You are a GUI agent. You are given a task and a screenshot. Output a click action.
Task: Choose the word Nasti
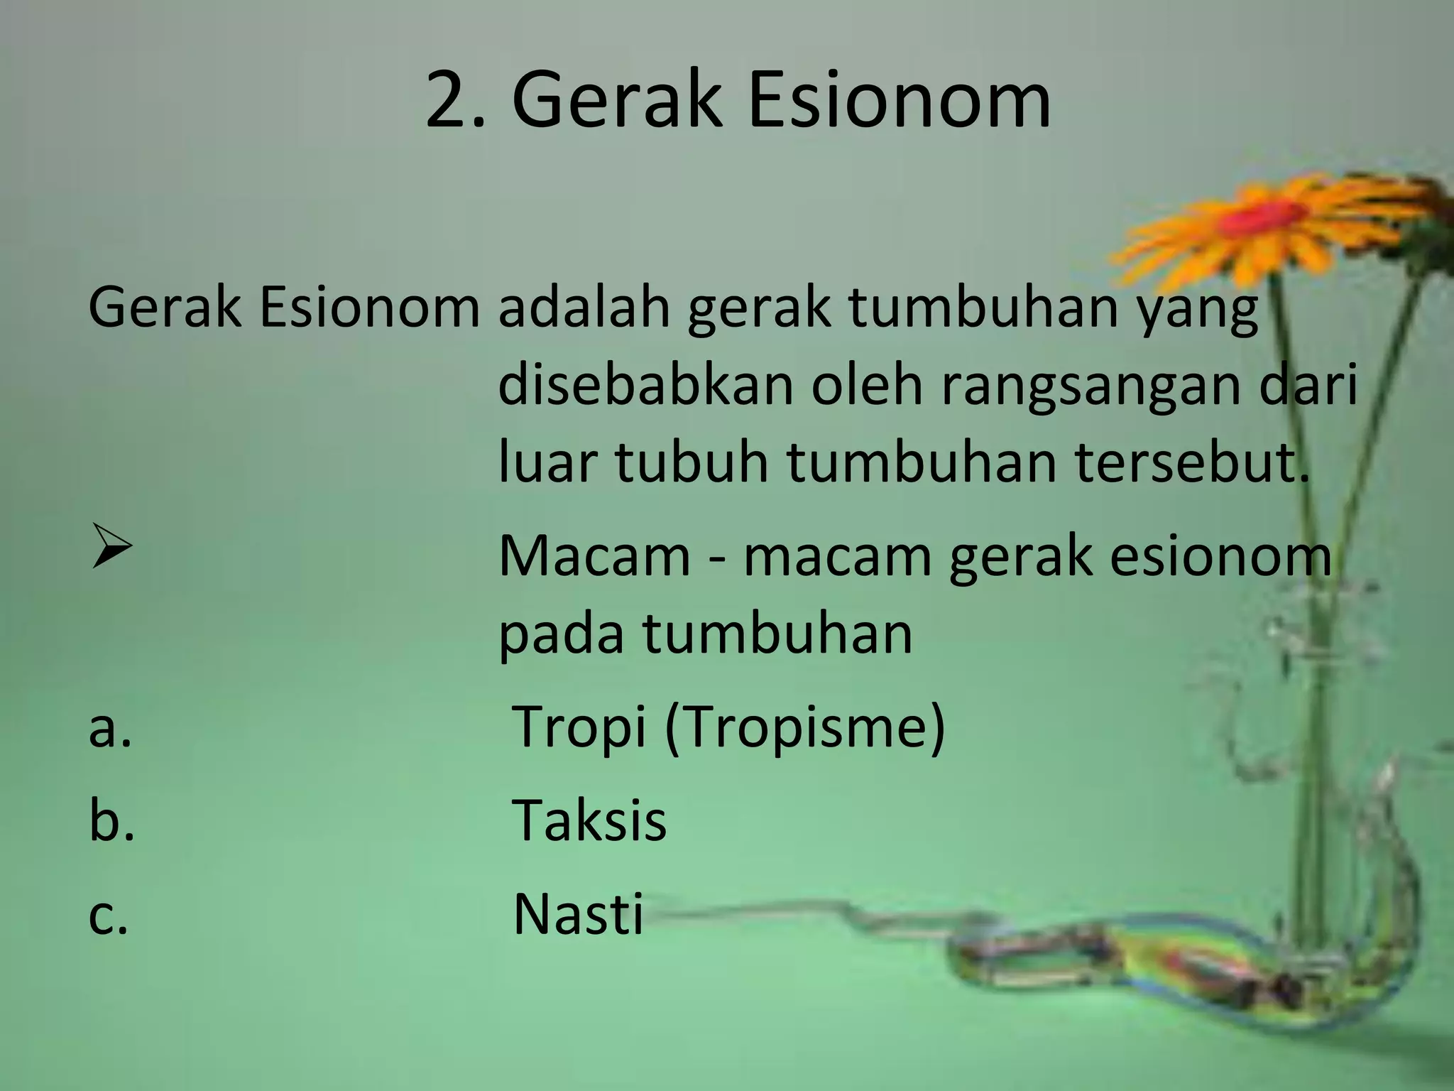(578, 914)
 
